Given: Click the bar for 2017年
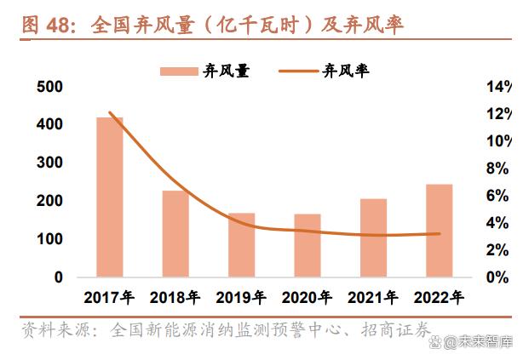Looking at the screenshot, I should [109, 197].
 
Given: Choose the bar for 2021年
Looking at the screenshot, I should [373, 237].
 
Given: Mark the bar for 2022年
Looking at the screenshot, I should [440, 230].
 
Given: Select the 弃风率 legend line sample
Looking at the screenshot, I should [298, 71].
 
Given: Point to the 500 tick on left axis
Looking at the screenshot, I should [49, 86].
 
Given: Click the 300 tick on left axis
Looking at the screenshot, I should [49, 163].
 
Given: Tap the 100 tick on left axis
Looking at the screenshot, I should [49, 239].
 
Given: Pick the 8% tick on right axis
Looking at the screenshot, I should [497, 168].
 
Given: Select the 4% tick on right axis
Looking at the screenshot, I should [497, 223].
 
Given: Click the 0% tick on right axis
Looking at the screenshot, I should [497, 277].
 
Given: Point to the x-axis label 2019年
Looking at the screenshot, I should [241, 298].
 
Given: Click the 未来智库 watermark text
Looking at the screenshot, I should [484, 342].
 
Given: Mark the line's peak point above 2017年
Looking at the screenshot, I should [110, 112].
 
